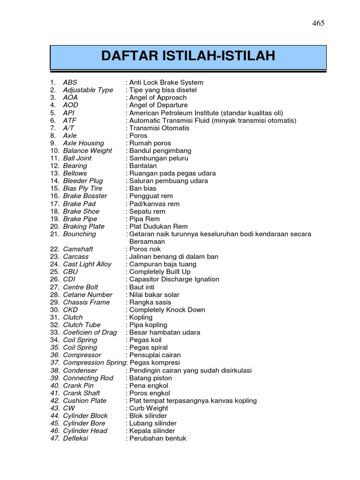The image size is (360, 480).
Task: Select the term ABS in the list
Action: (70, 82)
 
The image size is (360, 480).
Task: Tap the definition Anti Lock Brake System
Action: (166, 82)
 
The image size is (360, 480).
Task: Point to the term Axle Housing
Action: (83, 143)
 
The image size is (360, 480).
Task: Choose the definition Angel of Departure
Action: (158, 105)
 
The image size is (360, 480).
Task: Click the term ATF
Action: (70, 120)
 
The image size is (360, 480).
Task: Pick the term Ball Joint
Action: (77, 158)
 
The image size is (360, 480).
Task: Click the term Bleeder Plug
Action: (83, 181)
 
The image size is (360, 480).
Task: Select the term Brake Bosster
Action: (85, 196)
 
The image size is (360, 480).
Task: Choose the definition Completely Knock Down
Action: (167, 310)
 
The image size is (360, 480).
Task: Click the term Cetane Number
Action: (88, 295)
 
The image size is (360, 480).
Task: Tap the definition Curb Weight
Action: (148, 408)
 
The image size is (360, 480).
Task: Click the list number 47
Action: (55, 438)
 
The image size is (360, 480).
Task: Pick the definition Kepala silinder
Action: (152, 431)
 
